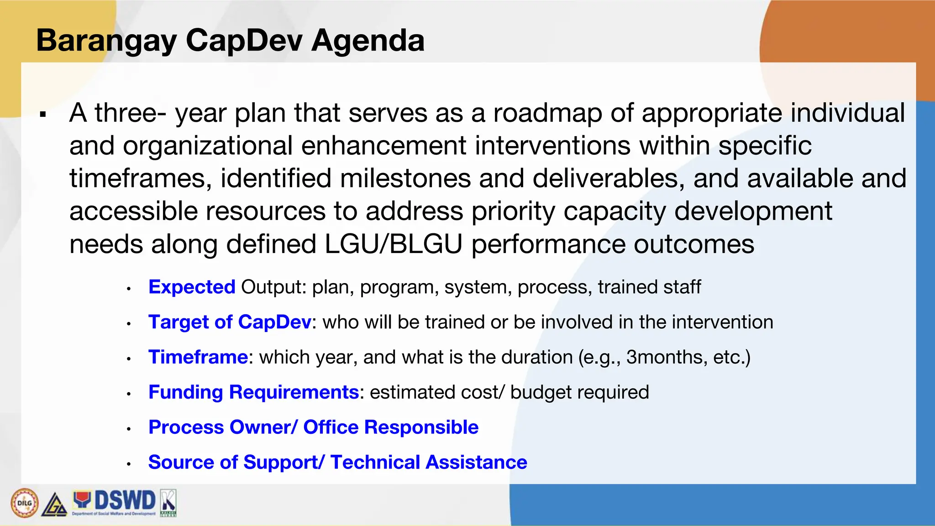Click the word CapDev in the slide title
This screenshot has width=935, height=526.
(244, 40)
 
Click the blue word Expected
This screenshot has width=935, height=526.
(192, 287)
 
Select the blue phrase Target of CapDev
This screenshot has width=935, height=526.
(230, 322)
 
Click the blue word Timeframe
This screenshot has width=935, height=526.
(198, 357)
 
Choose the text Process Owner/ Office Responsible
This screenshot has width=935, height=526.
(313, 427)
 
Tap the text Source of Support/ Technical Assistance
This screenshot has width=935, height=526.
(337, 463)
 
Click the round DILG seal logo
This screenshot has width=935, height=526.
(24, 503)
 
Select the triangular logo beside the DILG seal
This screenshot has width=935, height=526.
(54, 505)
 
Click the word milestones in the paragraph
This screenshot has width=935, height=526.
(405, 179)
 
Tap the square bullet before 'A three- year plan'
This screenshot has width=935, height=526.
(43, 114)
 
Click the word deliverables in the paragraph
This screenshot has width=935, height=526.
(608, 179)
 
